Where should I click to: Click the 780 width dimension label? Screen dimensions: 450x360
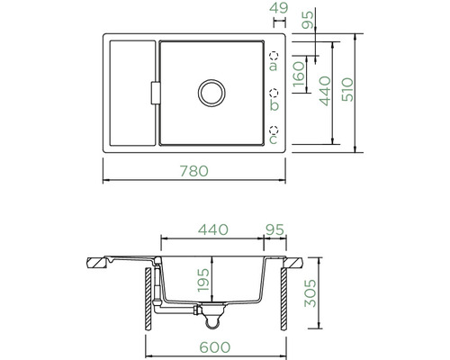pyautogui.click(x=194, y=171)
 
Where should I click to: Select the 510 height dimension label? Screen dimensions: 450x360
pyautogui.click(x=348, y=89)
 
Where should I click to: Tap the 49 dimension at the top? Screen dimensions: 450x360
pyautogui.click(x=279, y=8)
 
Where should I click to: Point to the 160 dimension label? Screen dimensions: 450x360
pyautogui.click(x=299, y=74)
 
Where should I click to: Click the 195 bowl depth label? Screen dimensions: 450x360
pyautogui.click(x=203, y=280)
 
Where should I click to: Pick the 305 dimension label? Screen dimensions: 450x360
pyautogui.click(x=310, y=293)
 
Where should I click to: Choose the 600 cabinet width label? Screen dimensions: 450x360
pyautogui.click(x=215, y=347)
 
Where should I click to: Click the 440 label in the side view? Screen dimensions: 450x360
pyautogui.click(x=213, y=229)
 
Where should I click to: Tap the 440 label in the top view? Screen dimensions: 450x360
pyautogui.click(x=325, y=91)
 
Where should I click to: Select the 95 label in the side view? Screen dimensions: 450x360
pyautogui.click(x=274, y=230)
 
